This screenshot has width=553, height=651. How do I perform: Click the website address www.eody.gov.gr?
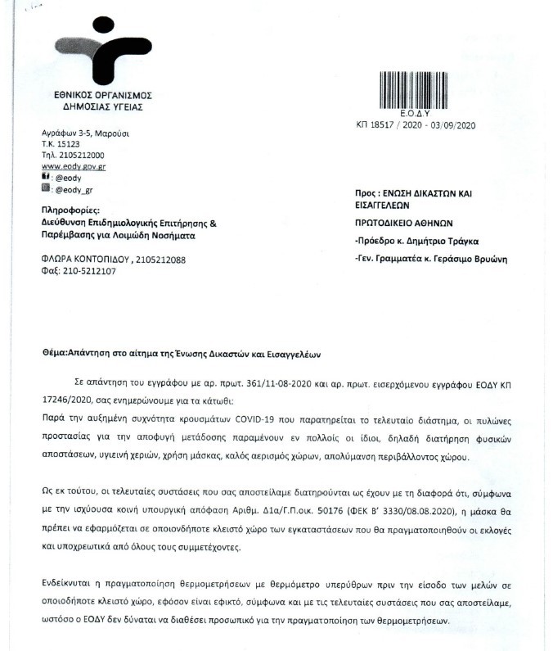point(73,165)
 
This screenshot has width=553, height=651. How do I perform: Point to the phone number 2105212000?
point(79,155)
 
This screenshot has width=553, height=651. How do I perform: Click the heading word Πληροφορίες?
point(70,210)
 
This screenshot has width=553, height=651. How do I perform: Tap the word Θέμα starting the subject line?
point(54,355)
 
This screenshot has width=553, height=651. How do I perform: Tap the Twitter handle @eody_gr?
point(73,188)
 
